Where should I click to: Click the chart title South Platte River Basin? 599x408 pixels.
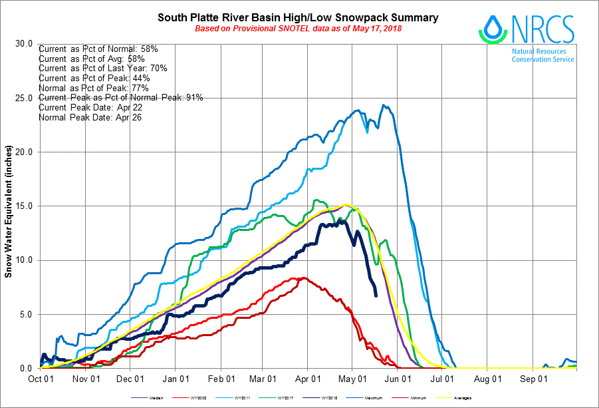(x=298, y=17)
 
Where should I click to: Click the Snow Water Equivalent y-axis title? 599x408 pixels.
(x=9, y=206)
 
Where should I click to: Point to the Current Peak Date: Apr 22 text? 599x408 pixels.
(x=90, y=107)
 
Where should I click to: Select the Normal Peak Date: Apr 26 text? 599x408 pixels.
(x=90, y=117)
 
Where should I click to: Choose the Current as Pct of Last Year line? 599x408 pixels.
(x=102, y=69)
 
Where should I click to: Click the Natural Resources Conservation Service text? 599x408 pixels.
(x=542, y=55)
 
